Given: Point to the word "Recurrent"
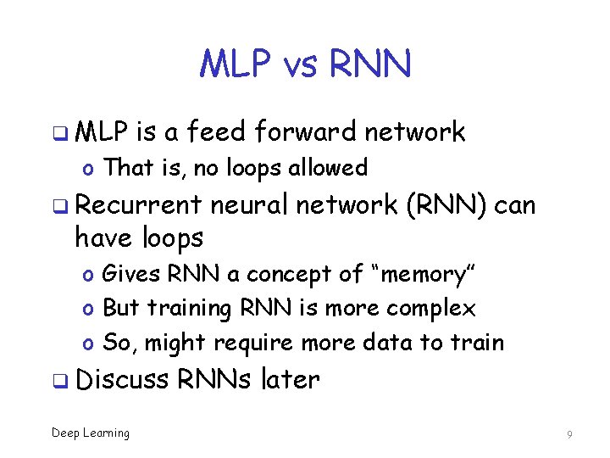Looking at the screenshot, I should click(x=138, y=205).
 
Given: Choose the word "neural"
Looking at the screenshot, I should click(x=250, y=205).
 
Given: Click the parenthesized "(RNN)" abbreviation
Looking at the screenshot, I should click(x=446, y=205).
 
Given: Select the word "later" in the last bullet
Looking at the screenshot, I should click(x=291, y=379).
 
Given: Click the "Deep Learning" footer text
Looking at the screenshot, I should click(x=91, y=433).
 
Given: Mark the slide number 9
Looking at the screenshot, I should click(x=570, y=434).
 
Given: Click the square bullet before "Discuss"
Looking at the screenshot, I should click(x=60, y=381).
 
